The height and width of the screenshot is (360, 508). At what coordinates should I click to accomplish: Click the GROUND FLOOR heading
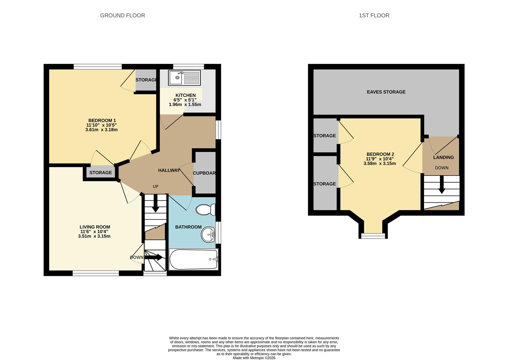(122, 15)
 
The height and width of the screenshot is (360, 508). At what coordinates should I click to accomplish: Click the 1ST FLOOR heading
(374, 15)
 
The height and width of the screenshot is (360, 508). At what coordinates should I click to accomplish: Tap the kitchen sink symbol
(184, 78)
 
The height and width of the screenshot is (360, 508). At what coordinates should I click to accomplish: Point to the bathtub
(193, 259)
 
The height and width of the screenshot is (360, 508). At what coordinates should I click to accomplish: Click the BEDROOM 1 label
(102, 120)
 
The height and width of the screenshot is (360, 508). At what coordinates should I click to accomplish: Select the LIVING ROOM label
(95, 227)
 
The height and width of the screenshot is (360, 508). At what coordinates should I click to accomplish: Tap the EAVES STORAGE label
(386, 92)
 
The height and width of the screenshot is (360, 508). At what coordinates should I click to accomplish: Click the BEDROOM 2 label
(380, 154)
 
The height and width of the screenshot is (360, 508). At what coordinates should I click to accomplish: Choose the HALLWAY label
(169, 170)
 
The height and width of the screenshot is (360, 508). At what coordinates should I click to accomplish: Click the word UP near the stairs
(155, 186)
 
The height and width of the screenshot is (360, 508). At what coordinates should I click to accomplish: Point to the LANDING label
(443, 157)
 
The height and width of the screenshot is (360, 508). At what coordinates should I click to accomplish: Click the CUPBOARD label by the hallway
(204, 173)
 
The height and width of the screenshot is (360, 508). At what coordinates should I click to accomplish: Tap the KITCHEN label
(185, 95)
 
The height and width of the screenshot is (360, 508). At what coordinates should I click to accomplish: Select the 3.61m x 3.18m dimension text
(101, 130)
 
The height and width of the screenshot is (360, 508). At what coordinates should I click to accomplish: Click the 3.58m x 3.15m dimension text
(380, 163)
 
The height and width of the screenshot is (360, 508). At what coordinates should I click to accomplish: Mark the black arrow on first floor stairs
(442, 185)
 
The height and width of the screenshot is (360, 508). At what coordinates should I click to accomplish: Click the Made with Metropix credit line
(254, 358)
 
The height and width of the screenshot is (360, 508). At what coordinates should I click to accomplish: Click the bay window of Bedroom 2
(373, 236)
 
